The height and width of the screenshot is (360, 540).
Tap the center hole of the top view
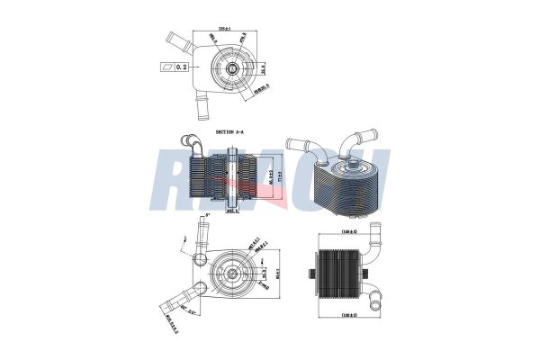click(231, 67)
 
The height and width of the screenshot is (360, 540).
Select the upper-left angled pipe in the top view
click(176, 41)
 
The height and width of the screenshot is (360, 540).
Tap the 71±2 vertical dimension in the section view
click(280, 178)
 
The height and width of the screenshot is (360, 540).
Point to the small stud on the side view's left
click(310, 270)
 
